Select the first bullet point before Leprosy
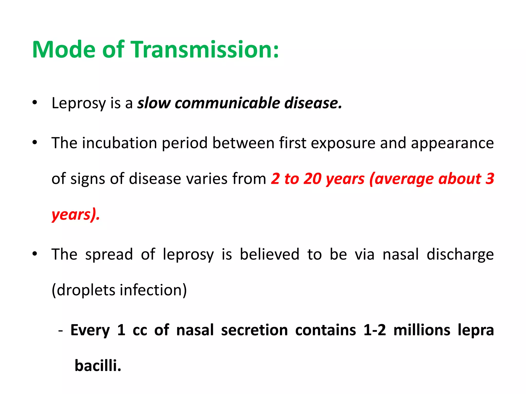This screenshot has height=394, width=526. point(35,103)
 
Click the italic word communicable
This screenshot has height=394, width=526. point(227,103)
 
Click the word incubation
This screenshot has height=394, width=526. point(119,143)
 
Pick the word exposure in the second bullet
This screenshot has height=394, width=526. point(343,143)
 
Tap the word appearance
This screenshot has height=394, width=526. point(452,143)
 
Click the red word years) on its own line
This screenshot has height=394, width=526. point(76,214)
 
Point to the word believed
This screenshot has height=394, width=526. point(269,254)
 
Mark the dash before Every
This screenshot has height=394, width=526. point(61,330)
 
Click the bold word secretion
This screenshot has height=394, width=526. point(254,330)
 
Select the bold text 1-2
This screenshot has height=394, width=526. point(375,330)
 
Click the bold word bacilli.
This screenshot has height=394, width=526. point(98,365)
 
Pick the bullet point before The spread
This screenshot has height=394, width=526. point(35,254)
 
